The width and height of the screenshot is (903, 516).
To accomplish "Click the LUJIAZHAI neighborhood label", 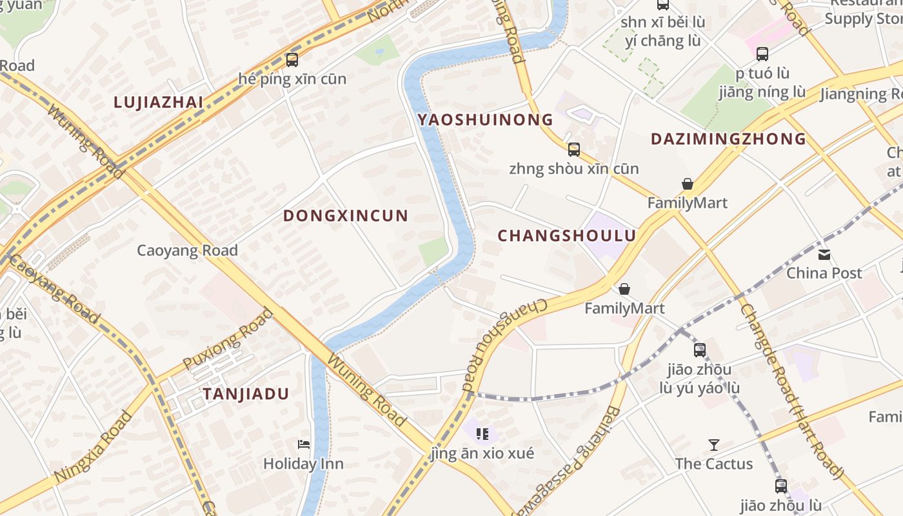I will (x=158, y=102).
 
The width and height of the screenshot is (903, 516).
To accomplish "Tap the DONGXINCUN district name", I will (x=346, y=216).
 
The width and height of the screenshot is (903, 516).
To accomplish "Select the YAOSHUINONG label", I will (x=485, y=119).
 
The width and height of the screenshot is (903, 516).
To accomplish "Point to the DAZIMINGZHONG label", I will (x=728, y=139).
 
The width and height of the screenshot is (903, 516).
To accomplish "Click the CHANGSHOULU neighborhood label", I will (x=566, y=236).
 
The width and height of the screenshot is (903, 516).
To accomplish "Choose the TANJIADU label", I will (x=246, y=394).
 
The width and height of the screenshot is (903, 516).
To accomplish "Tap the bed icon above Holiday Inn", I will (x=303, y=444).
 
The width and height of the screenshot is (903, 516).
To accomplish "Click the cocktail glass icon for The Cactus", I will (x=713, y=444).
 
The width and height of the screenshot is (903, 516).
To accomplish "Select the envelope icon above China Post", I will (x=824, y=254).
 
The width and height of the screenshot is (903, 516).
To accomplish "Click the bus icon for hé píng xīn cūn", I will (x=292, y=60).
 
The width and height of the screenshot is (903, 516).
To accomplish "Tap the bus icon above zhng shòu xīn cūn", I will (x=573, y=150).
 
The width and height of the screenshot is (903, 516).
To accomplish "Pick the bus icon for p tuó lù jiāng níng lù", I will (x=762, y=54).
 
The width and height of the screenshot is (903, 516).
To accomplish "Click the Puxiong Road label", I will (x=228, y=339).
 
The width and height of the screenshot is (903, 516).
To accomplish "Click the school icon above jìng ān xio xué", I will (x=482, y=434).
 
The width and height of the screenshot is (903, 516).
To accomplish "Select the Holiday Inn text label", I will (x=303, y=464).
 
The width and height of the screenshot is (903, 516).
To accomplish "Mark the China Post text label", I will (x=824, y=273).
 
